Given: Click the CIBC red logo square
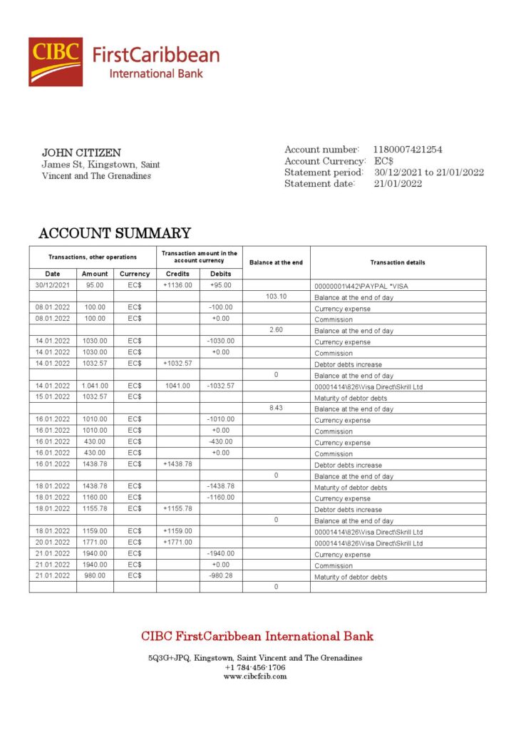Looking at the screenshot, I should (55, 62).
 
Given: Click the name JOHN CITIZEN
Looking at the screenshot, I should (81, 153).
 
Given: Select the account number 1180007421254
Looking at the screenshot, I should (408, 150).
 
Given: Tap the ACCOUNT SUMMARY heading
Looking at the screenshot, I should (114, 233).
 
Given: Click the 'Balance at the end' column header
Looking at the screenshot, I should (276, 262).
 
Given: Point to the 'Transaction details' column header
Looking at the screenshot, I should (398, 262).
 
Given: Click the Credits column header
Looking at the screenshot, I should (177, 274).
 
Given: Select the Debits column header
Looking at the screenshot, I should (221, 274).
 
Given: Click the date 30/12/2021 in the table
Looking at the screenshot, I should (53, 285).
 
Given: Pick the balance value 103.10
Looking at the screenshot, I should (276, 297).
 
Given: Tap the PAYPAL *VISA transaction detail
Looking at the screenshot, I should (361, 286).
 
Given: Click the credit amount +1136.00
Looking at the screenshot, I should (177, 285).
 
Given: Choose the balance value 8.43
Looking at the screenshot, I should (276, 408).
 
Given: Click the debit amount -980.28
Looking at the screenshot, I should (221, 576).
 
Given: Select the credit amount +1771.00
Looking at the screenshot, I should (177, 543).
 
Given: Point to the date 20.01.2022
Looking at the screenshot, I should (53, 543).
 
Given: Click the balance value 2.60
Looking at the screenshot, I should (276, 330).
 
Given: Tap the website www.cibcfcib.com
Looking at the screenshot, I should (255, 676).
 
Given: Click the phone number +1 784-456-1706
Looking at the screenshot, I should (255, 667).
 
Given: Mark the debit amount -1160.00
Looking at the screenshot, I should (221, 498).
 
